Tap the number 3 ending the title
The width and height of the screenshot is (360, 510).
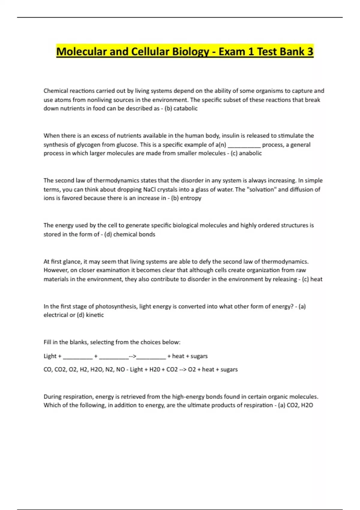[310, 52]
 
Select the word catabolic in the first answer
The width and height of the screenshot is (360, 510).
[185, 108]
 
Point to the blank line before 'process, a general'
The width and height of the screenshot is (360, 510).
[244, 145]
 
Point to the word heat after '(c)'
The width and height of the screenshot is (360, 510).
[316, 279]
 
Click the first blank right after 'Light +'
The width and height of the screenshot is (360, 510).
[78, 356]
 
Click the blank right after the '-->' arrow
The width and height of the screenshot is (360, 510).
[151, 356]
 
